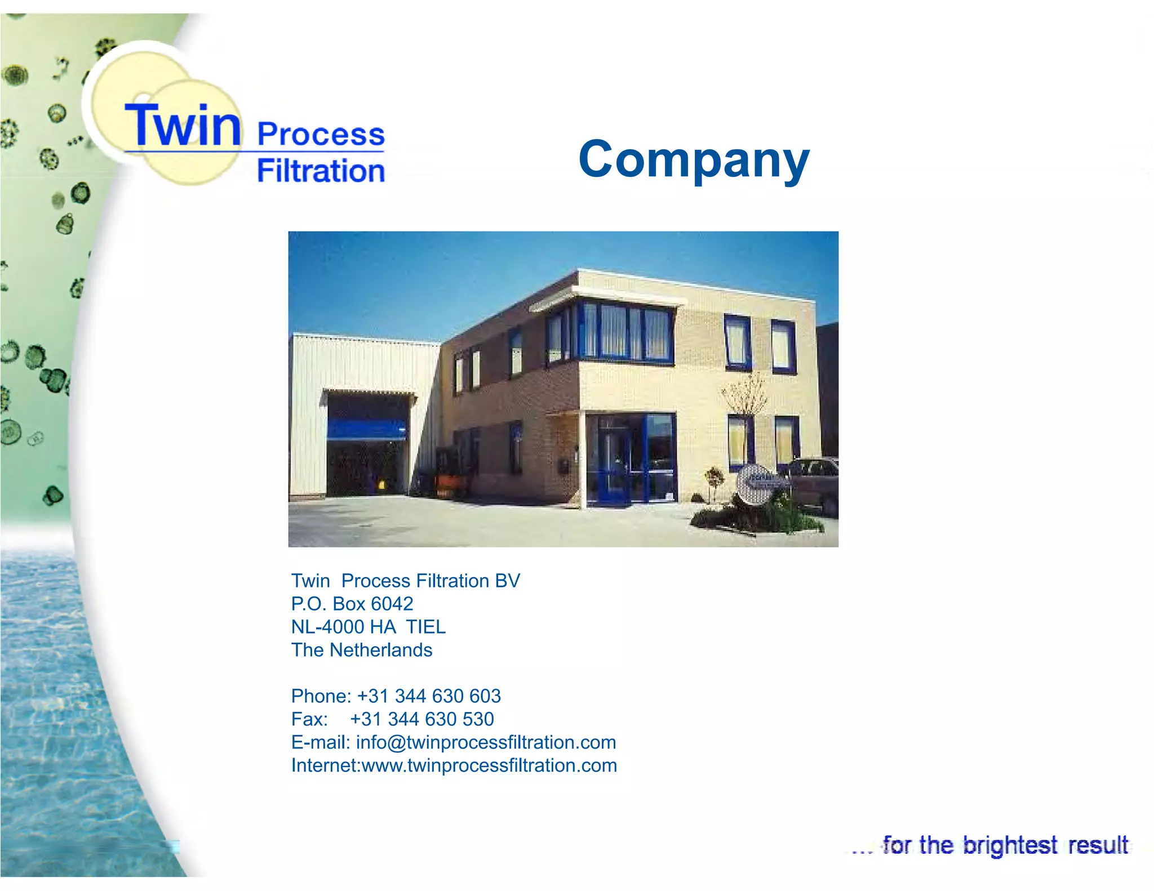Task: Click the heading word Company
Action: click(694, 160)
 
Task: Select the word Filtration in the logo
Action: click(321, 171)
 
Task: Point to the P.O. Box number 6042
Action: click(392, 604)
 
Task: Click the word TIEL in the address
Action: click(426, 627)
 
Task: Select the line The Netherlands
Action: click(362, 650)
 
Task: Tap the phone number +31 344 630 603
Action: click(429, 696)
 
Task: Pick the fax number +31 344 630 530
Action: click(421, 719)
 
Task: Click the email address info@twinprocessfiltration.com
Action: click(486, 742)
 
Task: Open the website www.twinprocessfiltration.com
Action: click(489, 765)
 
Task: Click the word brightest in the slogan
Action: click(1010, 845)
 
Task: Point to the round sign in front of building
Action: click(756, 483)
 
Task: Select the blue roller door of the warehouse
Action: click(367, 429)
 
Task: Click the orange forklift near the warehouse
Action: click(451, 482)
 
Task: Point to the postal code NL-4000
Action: click(327, 627)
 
